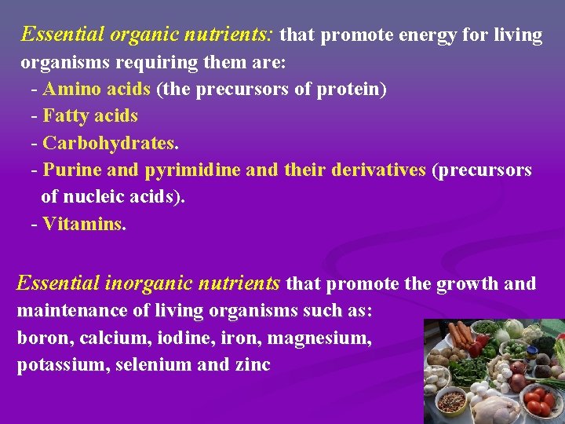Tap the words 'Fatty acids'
tap(90, 116)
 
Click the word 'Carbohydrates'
tap(109, 144)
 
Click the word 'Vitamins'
tap(82, 225)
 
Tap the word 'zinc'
tap(250, 365)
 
